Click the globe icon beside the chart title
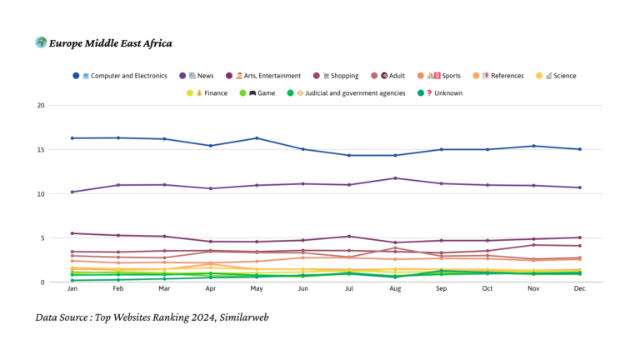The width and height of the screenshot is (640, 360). [x=41, y=42]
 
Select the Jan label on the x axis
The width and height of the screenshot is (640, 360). [x=72, y=288]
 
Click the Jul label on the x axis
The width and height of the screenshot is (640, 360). [x=349, y=288]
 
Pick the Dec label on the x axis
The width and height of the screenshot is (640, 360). [x=579, y=288]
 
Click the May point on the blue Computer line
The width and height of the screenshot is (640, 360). [x=257, y=138]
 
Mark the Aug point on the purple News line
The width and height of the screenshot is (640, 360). [x=395, y=178]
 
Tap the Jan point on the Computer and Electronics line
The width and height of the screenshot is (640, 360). [x=72, y=138]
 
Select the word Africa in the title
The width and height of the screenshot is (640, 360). [x=153, y=43]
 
